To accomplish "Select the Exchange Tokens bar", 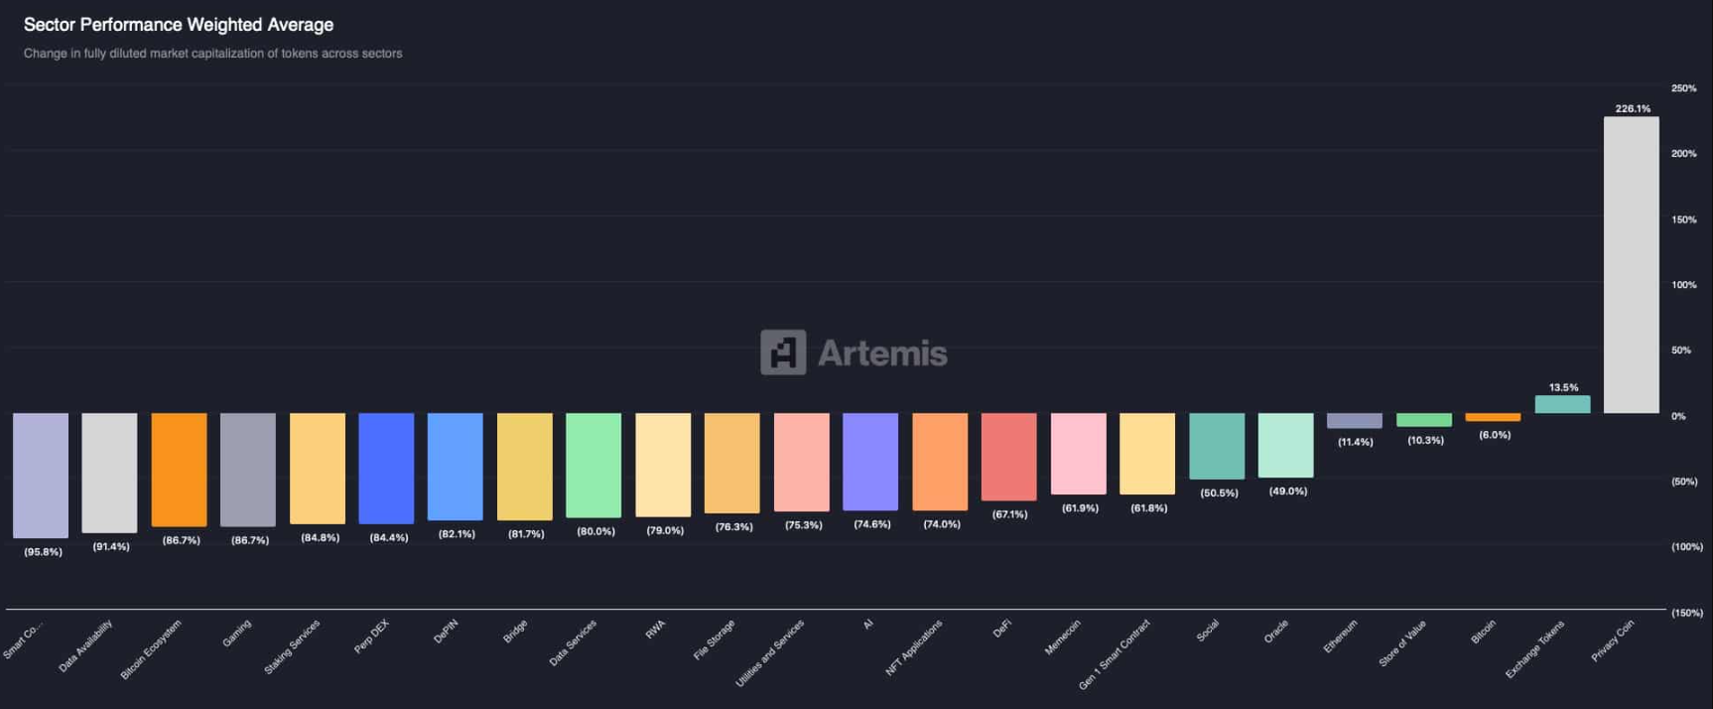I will tap(1562, 404).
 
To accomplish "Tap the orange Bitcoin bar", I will tap(1493, 417).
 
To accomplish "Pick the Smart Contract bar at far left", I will tap(41, 475).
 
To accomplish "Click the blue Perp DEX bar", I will tap(386, 468).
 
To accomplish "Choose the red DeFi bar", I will tap(1008, 457).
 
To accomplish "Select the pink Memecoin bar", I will tap(1078, 454).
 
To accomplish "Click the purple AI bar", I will tap(870, 462).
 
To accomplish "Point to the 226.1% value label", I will tap(1633, 109).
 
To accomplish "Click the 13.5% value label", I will tap(1563, 387).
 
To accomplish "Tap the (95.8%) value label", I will tap(43, 552).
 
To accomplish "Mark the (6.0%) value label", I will tap(1495, 435).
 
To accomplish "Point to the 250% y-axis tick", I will tap(1683, 88).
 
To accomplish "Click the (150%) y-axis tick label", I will tap(1686, 613).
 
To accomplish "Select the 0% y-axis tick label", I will tap(1678, 416).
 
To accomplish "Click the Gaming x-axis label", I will tap(237, 634).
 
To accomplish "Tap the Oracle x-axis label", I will tap(1276, 632).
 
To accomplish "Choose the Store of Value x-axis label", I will tap(1402, 642).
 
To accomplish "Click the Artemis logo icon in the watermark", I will tap(783, 353).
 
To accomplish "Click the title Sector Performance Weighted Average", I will tap(179, 25).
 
